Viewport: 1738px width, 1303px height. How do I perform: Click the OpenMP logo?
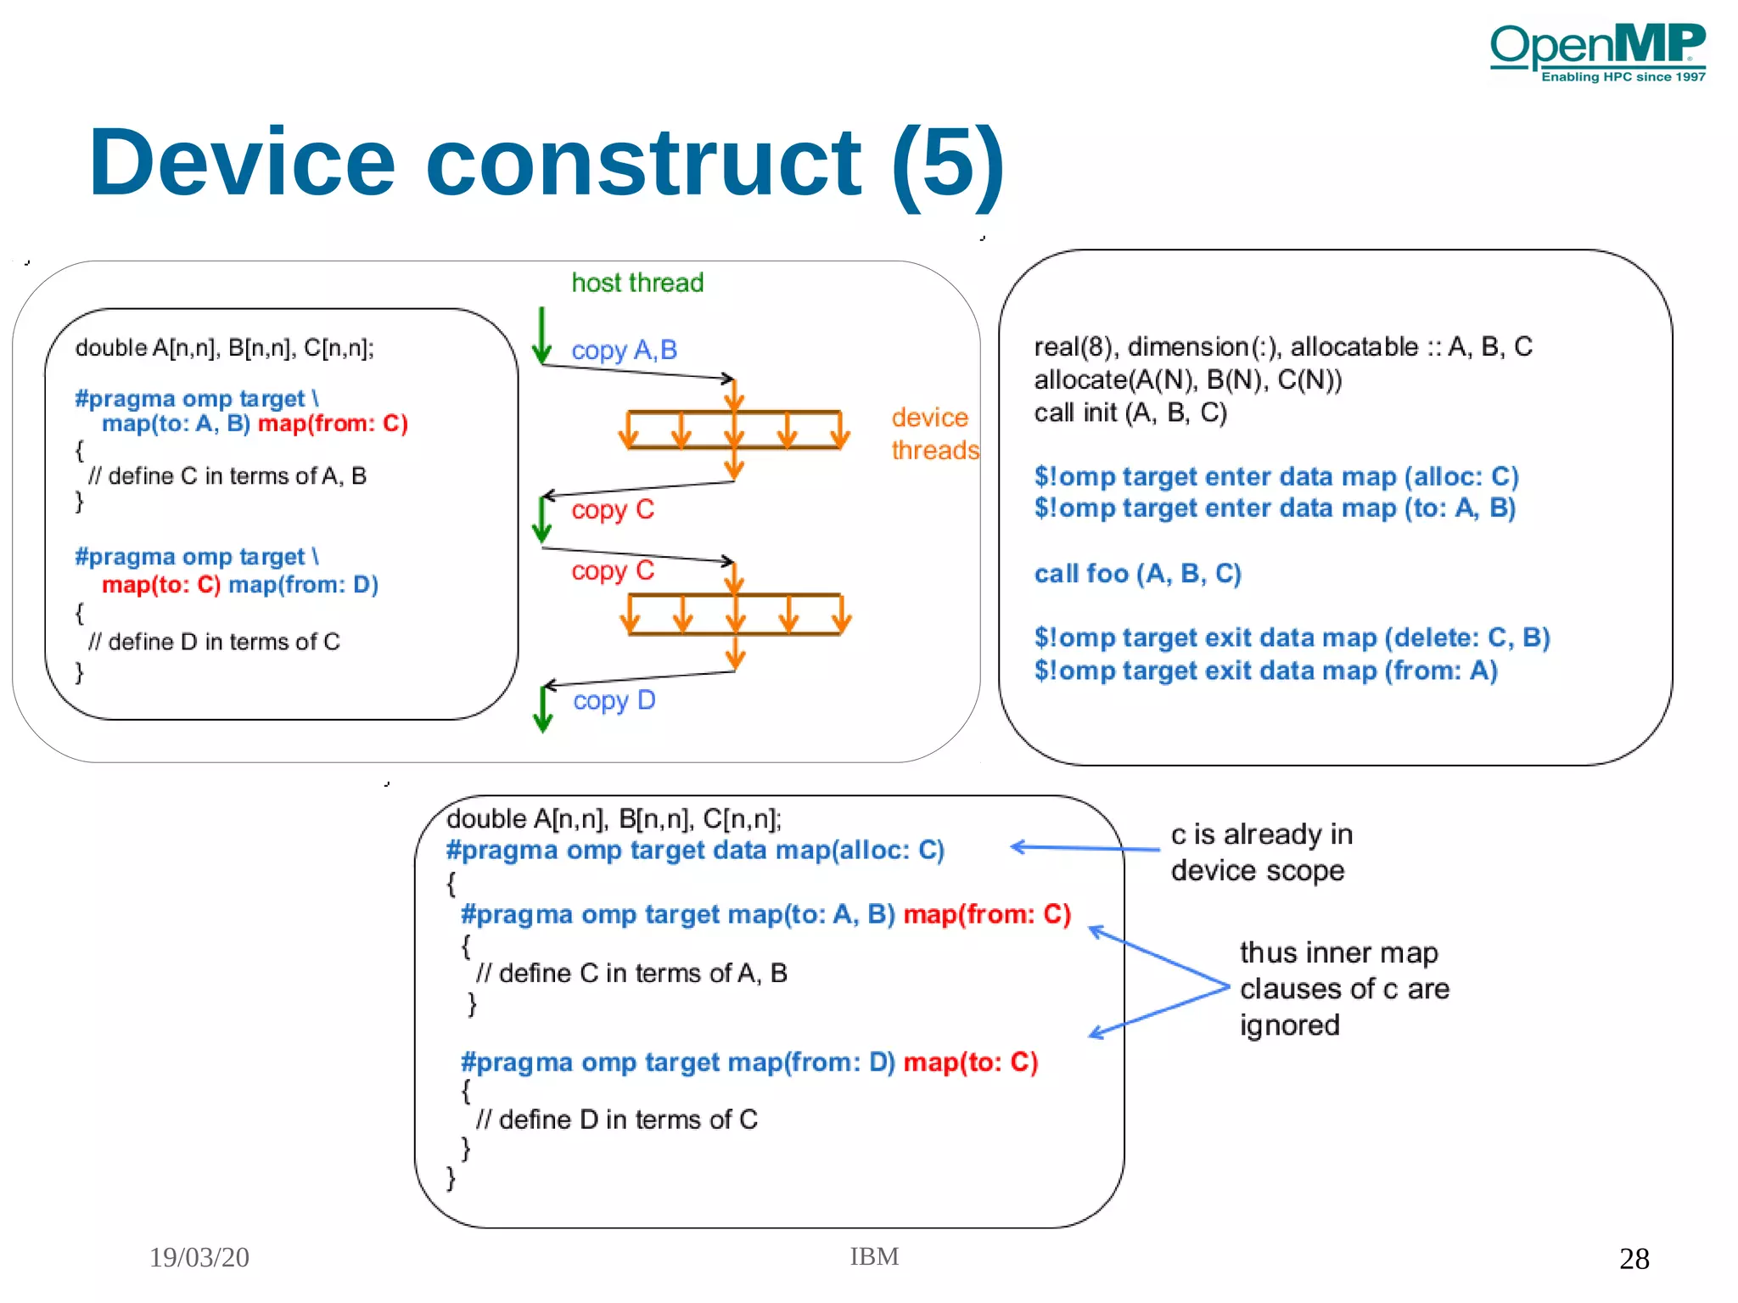tap(1597, 51)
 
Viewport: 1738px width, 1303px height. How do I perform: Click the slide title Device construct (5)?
tap(547, 162)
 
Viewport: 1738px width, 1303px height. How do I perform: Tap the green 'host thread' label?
tap(637, 283)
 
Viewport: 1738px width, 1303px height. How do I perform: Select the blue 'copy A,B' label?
tap(624, 350)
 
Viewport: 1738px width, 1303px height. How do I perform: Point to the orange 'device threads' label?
tap(933, 434)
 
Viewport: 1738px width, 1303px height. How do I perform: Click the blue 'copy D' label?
tap(614, 700)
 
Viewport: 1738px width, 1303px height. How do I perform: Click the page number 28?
tap(1634, 1258)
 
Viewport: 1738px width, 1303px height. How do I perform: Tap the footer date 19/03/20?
tap(199, 1257)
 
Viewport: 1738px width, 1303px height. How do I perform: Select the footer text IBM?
tap(874, 1256)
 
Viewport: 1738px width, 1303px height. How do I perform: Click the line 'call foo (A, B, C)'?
tap(1137, 574)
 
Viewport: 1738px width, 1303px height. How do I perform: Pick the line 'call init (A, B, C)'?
tap(1130, 413)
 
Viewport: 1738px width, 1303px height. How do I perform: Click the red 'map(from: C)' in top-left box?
tap(333, 423)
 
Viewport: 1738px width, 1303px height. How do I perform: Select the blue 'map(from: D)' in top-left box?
tap(303, 584)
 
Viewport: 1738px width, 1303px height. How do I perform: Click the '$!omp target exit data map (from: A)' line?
tap(1265, 671)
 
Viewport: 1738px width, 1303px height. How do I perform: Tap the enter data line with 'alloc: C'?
tap(1275, 476)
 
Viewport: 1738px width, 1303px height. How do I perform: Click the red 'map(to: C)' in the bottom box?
tap(970, 1062)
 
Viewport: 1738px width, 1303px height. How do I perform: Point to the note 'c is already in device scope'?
tap(1261, 852)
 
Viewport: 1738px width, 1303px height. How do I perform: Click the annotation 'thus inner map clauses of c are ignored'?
tap(1343, 989)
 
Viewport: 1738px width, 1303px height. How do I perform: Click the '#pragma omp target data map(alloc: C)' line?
tap(695, 850)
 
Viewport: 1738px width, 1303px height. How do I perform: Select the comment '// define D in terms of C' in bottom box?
tap(617, 1120)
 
